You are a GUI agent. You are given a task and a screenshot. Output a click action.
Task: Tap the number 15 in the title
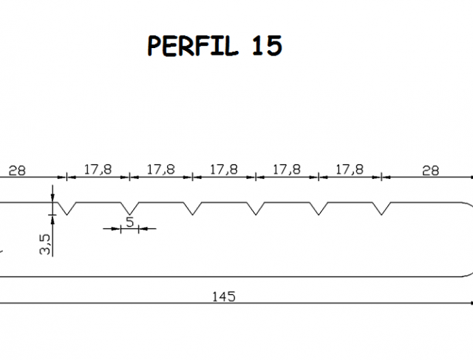click(267, 46)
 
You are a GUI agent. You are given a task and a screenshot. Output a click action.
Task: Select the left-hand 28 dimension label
click(17, 171)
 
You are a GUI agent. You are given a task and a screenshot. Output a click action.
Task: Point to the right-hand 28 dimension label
click(430, 171)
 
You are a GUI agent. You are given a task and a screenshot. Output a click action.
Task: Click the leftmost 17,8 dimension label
click(98, 169)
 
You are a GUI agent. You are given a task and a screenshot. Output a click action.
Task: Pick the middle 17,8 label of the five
click(223, 169)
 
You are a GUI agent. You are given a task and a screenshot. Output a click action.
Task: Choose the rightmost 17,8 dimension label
click(350, 169)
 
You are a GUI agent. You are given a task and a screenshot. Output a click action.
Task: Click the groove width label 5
click(129, 222)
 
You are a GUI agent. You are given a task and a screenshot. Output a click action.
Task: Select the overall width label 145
click(223, 296)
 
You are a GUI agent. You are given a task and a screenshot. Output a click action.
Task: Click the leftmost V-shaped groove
click(67, 208)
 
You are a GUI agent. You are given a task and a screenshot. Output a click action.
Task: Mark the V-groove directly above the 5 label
click(129, 208)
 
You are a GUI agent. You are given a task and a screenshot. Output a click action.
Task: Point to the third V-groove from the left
click(192, 208)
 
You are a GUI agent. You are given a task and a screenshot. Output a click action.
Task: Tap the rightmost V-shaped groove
click(381, 208)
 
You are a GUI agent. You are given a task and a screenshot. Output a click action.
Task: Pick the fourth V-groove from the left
click(256, 208)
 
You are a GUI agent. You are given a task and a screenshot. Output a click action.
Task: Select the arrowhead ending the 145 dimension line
click(472, 303)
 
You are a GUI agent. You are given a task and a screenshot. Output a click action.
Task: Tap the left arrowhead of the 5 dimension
click(115, 228)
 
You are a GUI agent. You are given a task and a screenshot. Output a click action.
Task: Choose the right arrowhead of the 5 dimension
click(143, 228)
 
